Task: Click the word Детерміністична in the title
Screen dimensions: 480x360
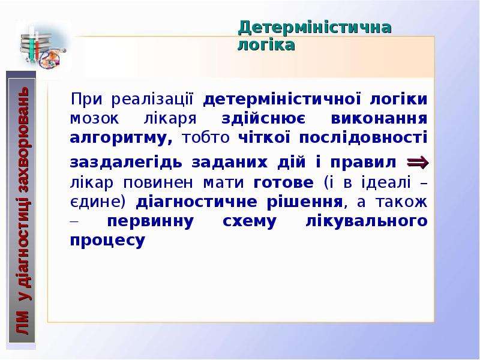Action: [314, 28]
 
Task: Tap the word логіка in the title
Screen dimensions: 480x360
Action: [266, 44]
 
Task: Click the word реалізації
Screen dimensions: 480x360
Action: [152, 99]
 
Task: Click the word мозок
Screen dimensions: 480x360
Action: [95, 119]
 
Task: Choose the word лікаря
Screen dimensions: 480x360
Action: [170, 119]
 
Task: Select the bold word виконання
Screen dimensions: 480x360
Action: [379, 118]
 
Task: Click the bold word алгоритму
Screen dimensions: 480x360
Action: [121, 138]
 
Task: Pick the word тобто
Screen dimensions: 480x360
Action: [206, 138]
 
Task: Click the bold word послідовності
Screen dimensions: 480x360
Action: [363, 137]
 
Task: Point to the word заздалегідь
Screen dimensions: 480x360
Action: [126, 163]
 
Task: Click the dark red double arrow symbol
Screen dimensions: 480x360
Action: [418, 162]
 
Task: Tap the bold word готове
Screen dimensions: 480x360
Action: [283, 183]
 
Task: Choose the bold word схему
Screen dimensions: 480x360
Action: [250, 221]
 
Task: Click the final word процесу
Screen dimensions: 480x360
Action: [107, 241]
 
